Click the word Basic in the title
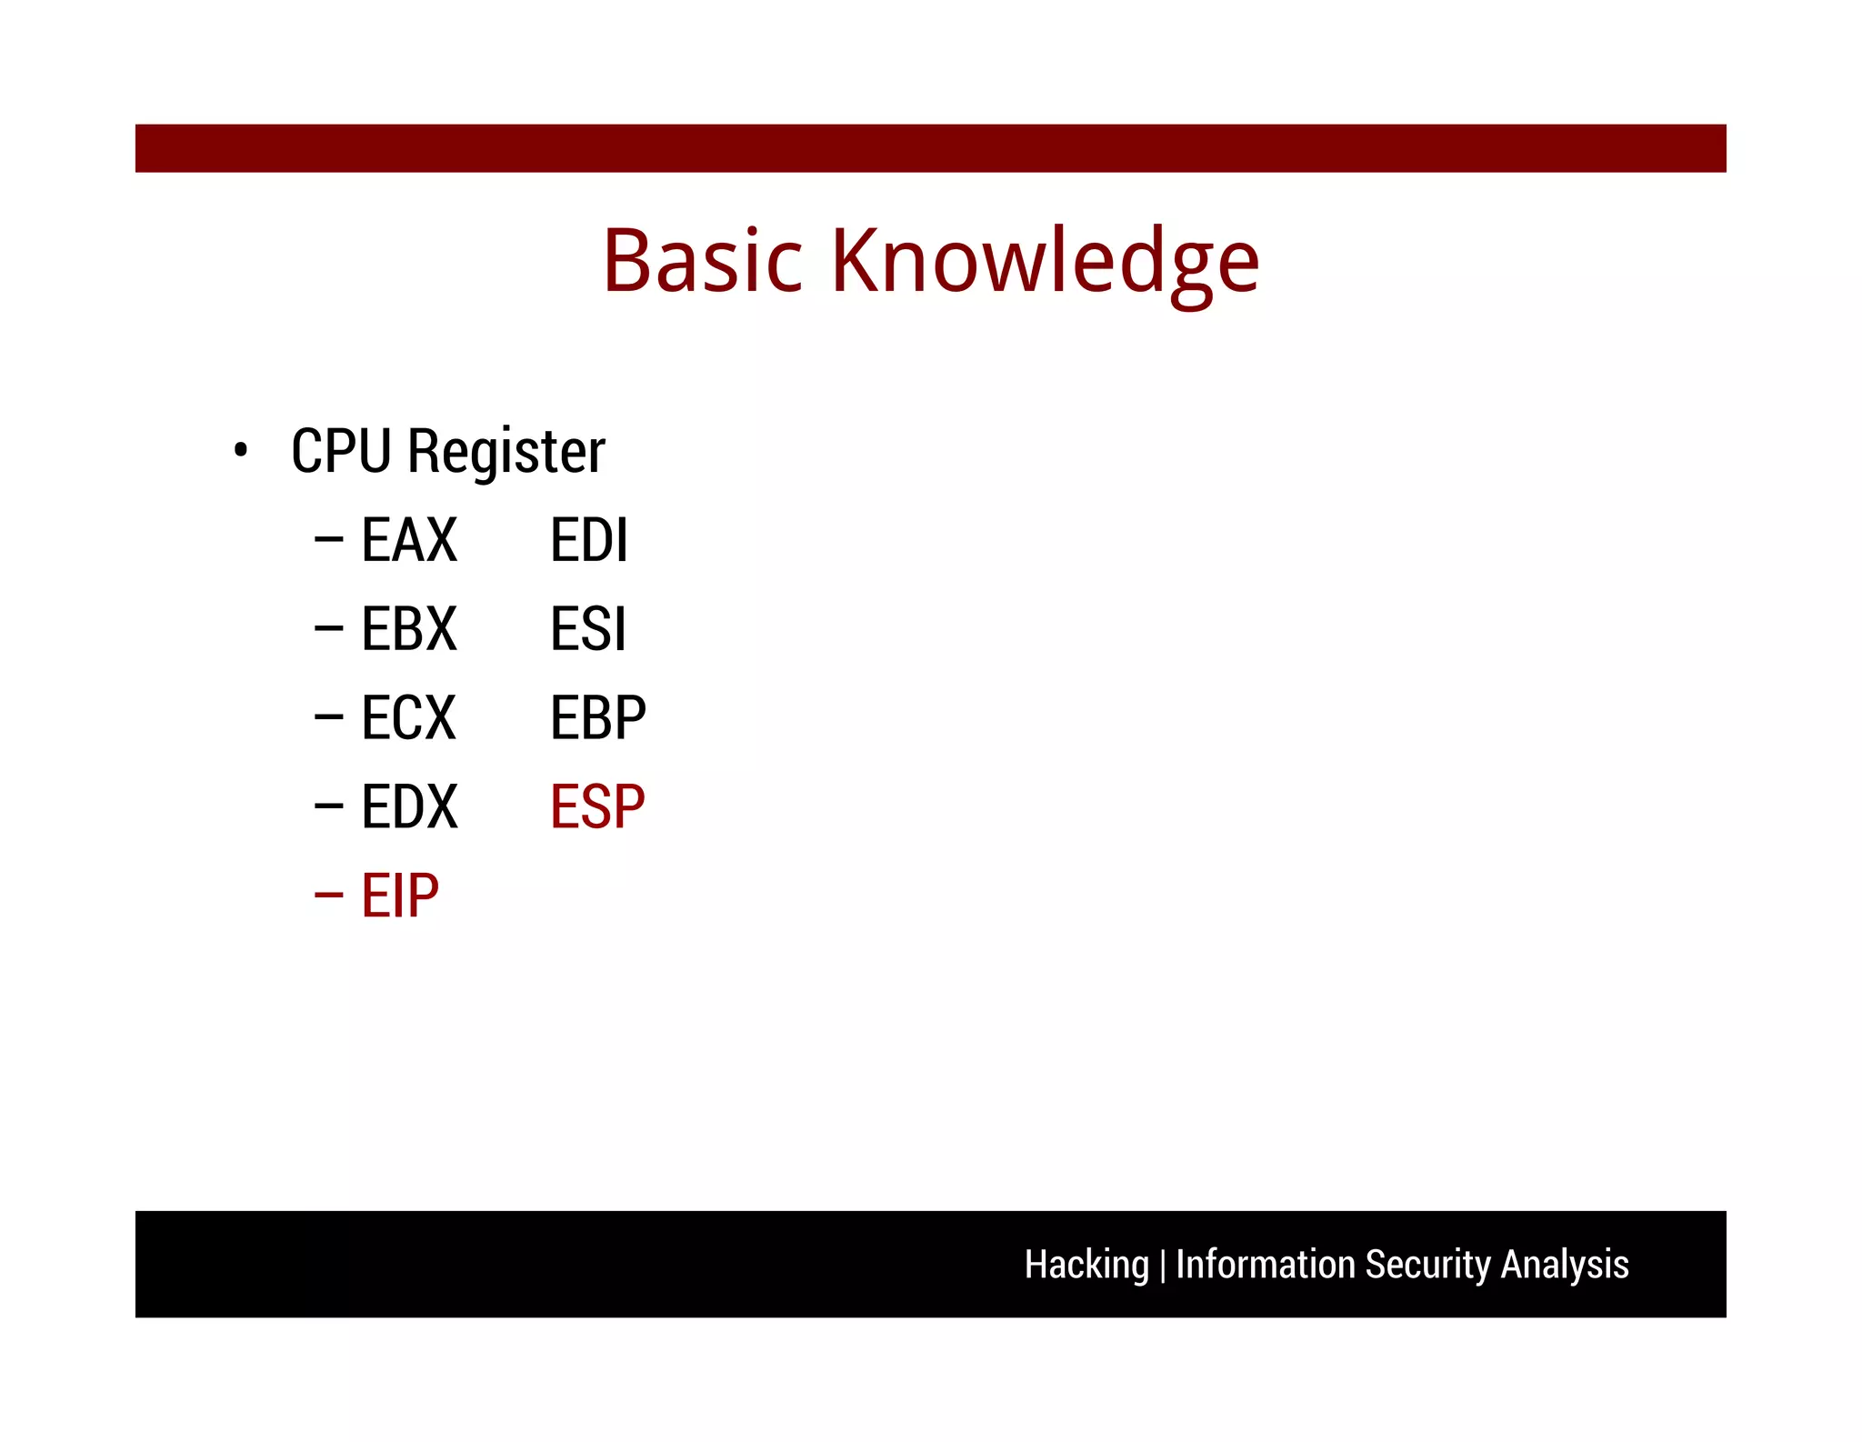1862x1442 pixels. pos(702,262)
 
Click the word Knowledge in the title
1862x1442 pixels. pos(1045,262)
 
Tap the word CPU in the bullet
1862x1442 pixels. pos(341,451)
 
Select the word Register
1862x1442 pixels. pos(506,453)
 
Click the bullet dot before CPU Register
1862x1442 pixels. pos(240,450)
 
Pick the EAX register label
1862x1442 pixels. pos(409,540)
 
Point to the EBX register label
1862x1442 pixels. pos(409,629)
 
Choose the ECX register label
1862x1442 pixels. pos(409,718)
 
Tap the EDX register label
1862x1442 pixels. pos(409,807)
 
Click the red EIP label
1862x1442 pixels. pos(400,896)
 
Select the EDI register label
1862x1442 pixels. pos(588,540)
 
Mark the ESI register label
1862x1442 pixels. pos(588,629)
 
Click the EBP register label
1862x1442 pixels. pos(597,718)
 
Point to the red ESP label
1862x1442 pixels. pos(597,807)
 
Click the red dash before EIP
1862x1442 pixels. pos(328,896)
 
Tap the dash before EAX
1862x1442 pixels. pos(328,540)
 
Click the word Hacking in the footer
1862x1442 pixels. pos(1086,1265)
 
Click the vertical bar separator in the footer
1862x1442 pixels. pos(1162,1266)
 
